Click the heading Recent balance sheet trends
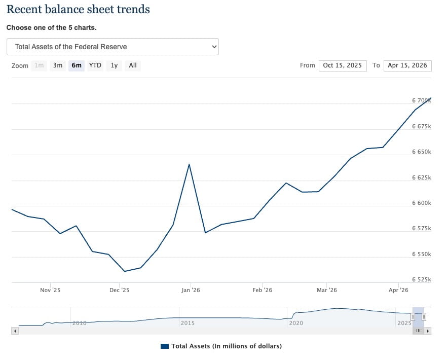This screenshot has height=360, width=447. click(78, 9)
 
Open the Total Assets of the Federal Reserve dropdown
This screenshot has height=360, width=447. click(113, 47)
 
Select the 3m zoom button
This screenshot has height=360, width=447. click(58, 65)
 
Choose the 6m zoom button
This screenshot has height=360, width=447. click(77, 65)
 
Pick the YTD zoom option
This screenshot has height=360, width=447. click(95, 65)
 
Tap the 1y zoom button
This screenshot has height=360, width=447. click(114, 65)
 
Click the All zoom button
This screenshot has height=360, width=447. click(132, 65)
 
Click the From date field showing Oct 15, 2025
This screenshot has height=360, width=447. click(343, 65)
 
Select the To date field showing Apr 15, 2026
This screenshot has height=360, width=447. click(407, 65)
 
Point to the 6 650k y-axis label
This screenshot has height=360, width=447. click(421, 152)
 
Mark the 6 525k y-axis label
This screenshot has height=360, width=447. click(421, 279)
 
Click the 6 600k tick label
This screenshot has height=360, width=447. click(421, 203)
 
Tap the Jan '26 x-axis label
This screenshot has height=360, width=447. click(191, 290)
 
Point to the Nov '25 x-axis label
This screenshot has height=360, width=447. click(50, 290)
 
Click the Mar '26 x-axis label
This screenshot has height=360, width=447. click(327, 290)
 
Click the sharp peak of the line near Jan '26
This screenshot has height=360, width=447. click(190, 164)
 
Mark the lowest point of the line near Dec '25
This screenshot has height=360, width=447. click(125, 271)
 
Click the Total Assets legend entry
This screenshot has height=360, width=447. click(221, 346)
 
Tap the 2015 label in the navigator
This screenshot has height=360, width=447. click(188, 323)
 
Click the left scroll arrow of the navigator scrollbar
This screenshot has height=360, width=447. click(15, 331)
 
